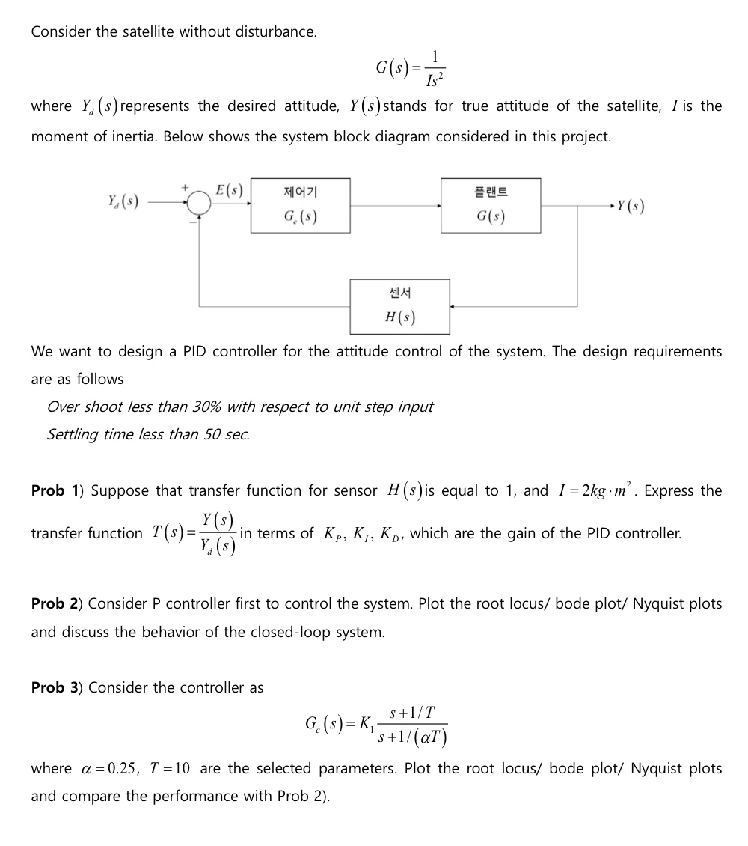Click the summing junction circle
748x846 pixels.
point(199,203)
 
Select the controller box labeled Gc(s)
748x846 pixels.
point(300,206)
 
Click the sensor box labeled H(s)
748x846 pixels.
point(400,306)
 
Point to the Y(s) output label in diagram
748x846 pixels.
point(628,205)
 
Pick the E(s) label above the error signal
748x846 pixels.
point(228,189)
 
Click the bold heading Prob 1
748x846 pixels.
point(58,491)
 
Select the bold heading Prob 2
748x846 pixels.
point(58,603)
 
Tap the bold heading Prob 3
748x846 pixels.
point(58,687)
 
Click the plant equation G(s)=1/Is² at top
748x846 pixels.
point(413,68)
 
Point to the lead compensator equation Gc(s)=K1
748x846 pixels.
point(375,724)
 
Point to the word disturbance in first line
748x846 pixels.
point(272,32)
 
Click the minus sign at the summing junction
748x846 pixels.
point(192,221)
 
